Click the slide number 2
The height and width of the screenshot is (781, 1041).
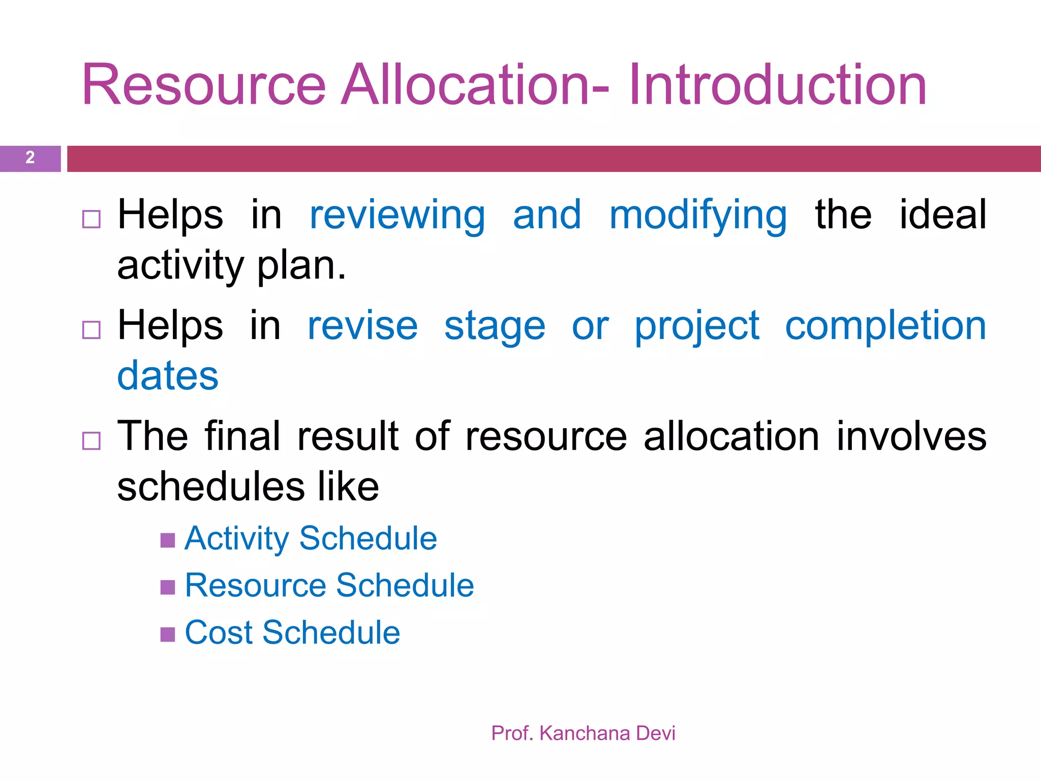click(30, 158)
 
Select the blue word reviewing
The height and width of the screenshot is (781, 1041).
click(397, 216)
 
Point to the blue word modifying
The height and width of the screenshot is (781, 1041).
click(698, 216)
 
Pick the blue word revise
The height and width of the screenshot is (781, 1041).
click(362, 326)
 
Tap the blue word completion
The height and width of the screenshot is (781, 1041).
click(885, 326)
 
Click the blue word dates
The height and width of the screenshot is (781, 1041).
click(168, 376)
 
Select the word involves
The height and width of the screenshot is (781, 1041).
click(911, 436)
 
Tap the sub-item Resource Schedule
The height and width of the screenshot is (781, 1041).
click(329, 585)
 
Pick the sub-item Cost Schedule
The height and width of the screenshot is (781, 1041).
click(292, 633)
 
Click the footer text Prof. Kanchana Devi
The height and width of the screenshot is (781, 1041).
click(583, 733)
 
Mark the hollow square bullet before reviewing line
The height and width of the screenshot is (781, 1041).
click(91, 219)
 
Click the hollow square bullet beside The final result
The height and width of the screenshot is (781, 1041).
click(91, 441)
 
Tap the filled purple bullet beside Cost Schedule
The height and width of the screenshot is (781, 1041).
click(168, 634)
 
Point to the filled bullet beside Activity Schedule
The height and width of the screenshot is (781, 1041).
click(168, 540)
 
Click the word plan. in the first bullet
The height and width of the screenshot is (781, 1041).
click(301, 266)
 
